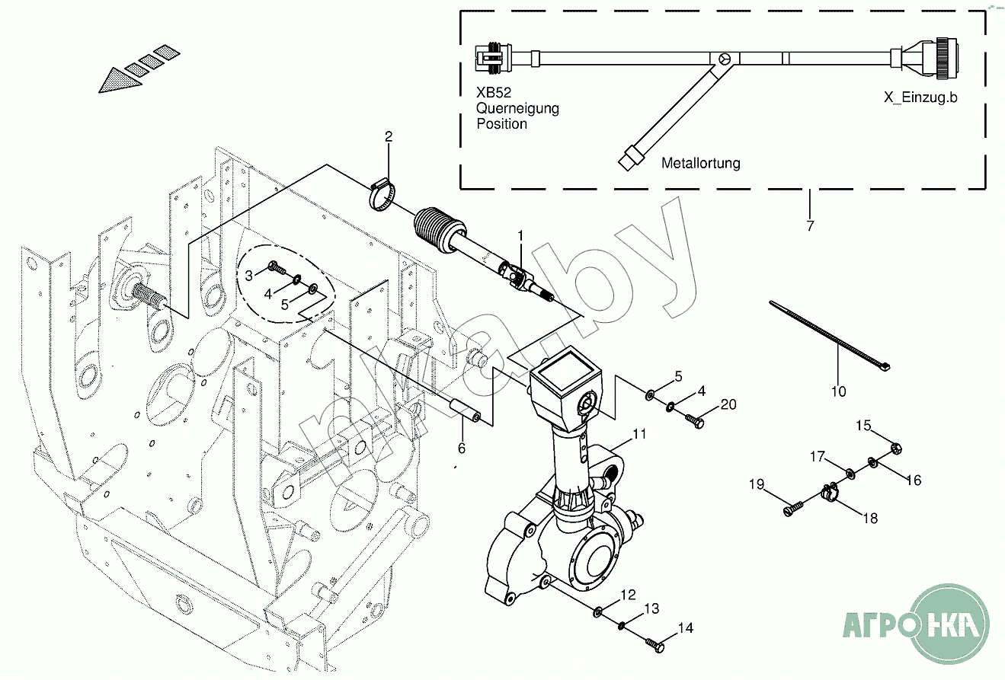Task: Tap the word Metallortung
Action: pyautogui.click(x=700, y=163)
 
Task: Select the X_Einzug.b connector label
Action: pyautogui.click(x=920, y=97)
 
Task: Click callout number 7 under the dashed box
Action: pyautogui.click(x=809, y=225)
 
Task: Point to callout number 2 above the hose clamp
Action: pyautogui.click(x=389, y=137)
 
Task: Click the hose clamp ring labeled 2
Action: pyautogui.click(x=384, y=194)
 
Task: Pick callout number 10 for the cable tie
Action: pyautogui.click(x=838, y=392)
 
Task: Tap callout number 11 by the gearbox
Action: pyautogui.click(x=639, y=434)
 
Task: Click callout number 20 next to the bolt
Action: pyautogui.click(x=728, y=404)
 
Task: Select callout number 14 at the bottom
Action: pyautogui.click(x=686, y=628)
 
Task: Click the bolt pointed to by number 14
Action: pyautogui.click(x=655, y=645)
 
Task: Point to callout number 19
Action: pyautogui.click(x=755, y=484)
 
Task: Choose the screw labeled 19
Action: pyautogui.click(x=793, y=506)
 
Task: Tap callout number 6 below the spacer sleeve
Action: pyautogui.click(x=461, y=449)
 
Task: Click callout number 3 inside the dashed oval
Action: pyautogui.click(x=248, y=275)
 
